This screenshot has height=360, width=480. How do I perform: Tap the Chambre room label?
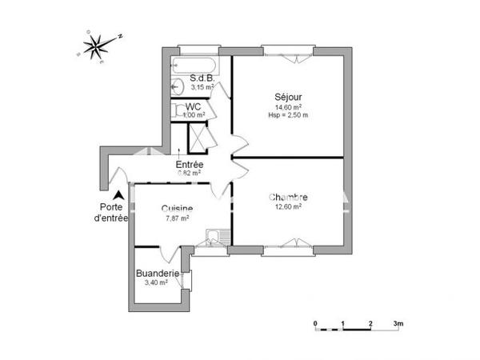288,198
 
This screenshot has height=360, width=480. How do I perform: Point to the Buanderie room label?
157,273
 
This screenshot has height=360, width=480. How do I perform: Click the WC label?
193,106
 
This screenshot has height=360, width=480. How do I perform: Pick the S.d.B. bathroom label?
200,78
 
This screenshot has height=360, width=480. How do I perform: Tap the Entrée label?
190,165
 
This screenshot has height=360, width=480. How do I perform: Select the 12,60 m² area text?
287,207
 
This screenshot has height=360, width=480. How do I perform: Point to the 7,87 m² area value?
177,218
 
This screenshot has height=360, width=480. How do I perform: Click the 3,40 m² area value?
155,282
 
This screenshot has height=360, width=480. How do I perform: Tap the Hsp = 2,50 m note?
287,114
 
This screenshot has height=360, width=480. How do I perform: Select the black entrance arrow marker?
118,194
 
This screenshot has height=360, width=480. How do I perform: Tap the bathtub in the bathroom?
194,65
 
